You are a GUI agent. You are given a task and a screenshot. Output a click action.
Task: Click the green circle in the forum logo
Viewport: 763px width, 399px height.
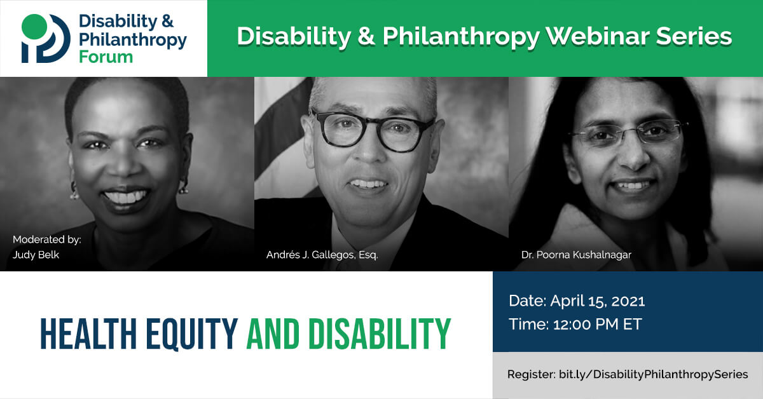pyautogui.click(x=34, y=27)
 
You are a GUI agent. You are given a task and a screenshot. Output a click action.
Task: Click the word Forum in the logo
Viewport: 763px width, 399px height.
pyautogui.click(x=106, y=57)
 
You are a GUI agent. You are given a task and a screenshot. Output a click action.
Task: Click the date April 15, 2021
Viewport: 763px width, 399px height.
pyautogui.click(x=598, y=301)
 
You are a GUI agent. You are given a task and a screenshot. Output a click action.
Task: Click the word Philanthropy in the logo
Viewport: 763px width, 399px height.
pyautogui.click(x=132, y=39)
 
